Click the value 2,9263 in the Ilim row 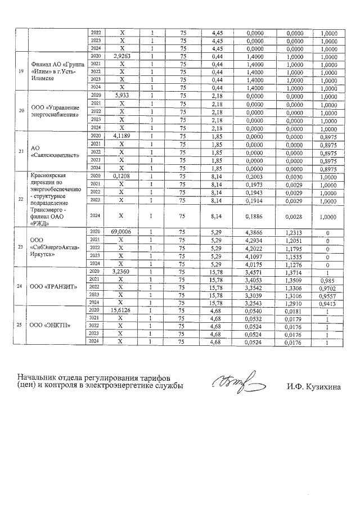click(x=122, y=57)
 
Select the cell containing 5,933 click(x=122, y=95)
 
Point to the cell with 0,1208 click(x=122, y=176)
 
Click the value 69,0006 click(x=122, y=231)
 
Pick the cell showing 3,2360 click(x=122, y=271)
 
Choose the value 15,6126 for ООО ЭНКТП click(x=122, y=310)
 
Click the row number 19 click(x=20, y=72)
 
